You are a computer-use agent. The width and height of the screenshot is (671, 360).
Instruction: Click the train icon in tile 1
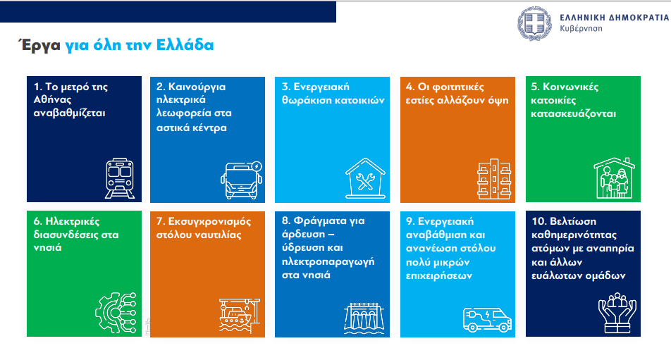coord(120,178)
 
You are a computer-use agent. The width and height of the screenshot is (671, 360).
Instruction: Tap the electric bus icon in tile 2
coord(241,180)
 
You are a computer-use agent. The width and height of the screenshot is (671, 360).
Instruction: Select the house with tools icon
coord(365,178)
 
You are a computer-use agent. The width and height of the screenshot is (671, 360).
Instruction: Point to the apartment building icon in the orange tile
coord(494,179)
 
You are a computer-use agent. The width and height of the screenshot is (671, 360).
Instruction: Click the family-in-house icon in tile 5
coord(614,178)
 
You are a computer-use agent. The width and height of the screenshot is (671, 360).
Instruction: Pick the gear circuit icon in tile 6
coord(116,313)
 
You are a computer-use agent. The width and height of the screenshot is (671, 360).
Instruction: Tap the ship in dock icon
coord(239,316)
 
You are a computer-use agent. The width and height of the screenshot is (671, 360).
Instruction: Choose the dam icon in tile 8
coord(364,318)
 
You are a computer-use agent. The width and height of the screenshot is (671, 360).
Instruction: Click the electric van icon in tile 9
coord(487,320)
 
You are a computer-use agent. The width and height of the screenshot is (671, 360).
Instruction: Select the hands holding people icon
coord(617,313)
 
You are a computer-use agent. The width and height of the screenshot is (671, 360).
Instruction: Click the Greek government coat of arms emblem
coord(535,23)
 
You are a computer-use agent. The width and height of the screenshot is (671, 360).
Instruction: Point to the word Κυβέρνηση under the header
coord(581,29)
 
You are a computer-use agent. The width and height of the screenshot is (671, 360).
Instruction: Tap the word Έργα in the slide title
coord(39,45)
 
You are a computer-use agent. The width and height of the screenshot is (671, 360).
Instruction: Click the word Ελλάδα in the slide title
coord(185,45)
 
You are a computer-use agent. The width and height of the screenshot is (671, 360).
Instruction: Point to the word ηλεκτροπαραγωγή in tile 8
coord(328,261)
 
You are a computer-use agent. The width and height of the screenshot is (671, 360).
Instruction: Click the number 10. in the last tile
coord(539,221)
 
